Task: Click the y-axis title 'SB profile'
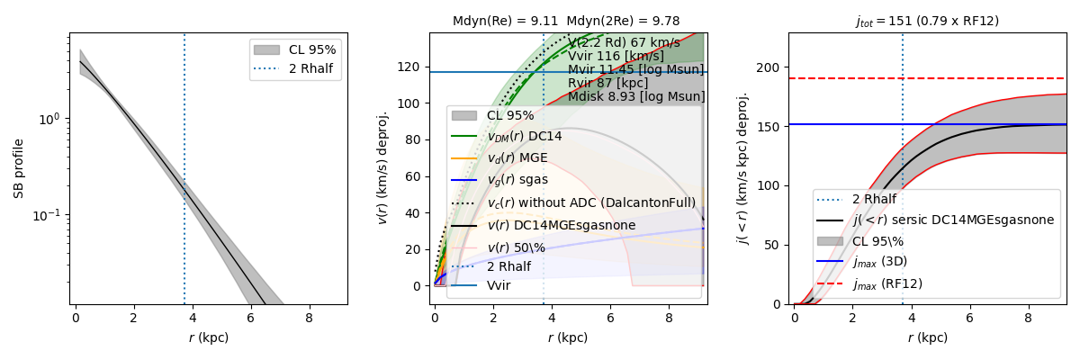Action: (x=19, y=168)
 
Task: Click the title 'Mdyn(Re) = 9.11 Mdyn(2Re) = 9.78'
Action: (x=567, y=21)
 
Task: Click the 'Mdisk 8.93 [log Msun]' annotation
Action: (x=636, y=96)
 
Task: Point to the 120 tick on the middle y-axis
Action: (x=413, y=67)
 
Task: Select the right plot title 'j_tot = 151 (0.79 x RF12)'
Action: (x=927, y=21)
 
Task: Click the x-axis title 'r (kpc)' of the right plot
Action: (x=927, y=337)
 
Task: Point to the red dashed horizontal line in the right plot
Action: (x=990, y=78)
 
